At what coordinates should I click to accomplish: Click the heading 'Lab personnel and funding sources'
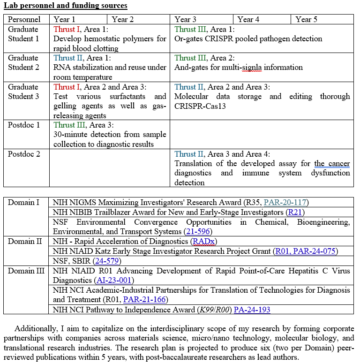click(x=65, y=6)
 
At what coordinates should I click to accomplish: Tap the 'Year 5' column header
click(x=306, y=19)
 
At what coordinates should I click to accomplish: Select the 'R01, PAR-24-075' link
click(x=305, y=251)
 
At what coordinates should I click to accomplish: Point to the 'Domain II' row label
click(x=26, y=241)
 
